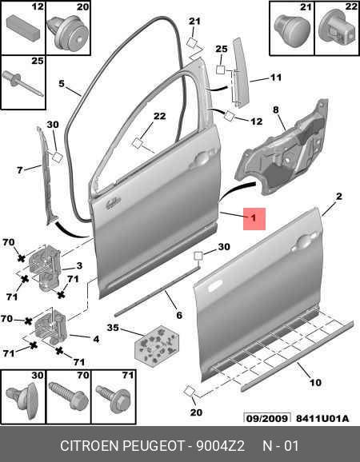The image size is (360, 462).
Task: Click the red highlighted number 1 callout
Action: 254,219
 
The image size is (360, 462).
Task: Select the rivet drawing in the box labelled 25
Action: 23,83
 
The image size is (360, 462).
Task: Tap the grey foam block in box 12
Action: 23,26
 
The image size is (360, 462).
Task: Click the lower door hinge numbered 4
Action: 51,326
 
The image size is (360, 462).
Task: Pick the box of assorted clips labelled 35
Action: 157,346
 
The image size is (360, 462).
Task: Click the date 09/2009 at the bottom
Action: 267,418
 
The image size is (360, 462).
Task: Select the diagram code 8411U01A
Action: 322,418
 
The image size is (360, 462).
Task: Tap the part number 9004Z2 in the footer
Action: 221,446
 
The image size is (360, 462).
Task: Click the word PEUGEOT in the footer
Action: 153,446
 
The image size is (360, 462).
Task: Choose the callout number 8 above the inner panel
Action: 276,110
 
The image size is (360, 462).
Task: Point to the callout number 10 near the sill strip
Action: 315,382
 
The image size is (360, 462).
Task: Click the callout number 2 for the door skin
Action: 339,197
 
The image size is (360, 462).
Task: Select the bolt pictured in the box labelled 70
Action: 69,396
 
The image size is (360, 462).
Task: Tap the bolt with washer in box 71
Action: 114,399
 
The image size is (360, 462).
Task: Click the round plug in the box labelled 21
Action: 292,29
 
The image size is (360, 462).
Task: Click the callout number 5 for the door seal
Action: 62,84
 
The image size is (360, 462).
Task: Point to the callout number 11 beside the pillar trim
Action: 276,78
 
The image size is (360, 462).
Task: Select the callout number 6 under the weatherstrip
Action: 179,315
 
